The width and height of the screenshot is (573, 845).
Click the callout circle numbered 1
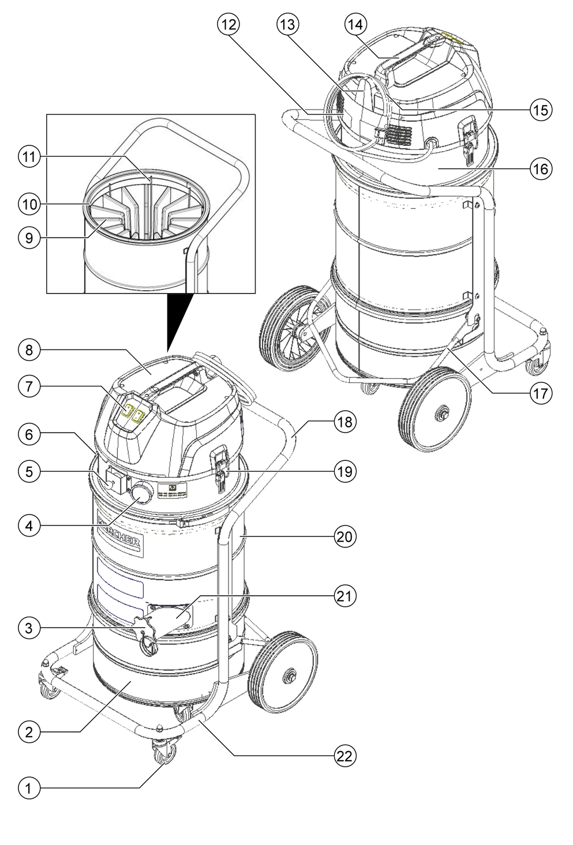(28, 787)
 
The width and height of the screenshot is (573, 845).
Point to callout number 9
(28, 238)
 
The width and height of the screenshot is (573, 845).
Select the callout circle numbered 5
(28, 471)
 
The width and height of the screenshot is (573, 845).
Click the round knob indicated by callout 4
(141, 494)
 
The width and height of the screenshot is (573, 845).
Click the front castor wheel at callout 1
(161, 753)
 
